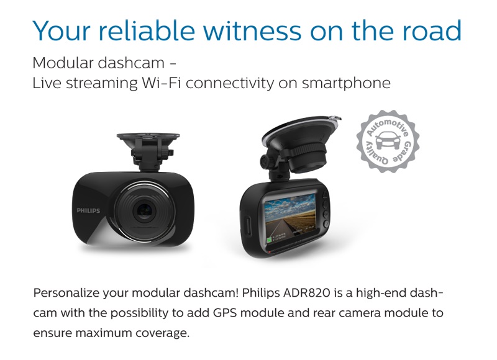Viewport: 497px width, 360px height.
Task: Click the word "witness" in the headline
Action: pos(252,30)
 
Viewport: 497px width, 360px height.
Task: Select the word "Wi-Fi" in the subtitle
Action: pos(162,83)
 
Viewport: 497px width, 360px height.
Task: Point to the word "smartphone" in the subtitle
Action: pos(346,84)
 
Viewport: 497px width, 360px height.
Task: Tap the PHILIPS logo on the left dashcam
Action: pos(88,210)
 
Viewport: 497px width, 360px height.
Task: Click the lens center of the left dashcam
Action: pos(145,210)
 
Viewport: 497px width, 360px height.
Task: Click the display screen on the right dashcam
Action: pos(290,217)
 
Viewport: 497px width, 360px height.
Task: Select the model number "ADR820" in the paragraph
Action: pos(306,293)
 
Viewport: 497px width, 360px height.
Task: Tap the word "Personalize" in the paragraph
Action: pos(66,293)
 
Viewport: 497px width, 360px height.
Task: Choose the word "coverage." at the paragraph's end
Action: pos(162,333)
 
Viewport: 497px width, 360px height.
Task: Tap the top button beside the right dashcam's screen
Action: pos(325,195)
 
